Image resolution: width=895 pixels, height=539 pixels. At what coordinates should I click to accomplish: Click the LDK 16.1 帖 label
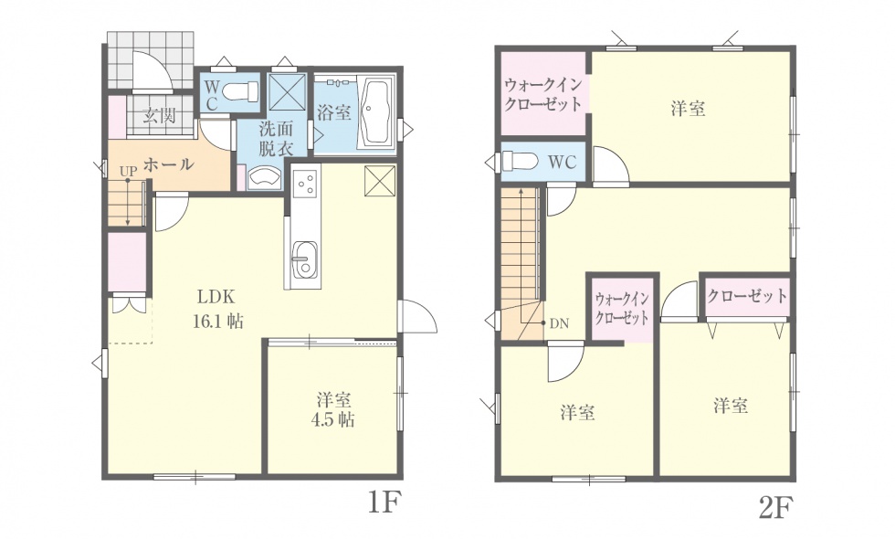point(218,309)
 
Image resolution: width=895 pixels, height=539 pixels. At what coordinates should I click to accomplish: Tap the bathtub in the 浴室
point(376,112)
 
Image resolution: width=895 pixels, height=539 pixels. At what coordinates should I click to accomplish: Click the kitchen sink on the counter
point(304,259)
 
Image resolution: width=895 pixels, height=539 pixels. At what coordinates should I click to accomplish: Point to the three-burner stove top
point(304,184)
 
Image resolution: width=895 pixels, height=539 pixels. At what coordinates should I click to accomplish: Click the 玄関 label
point(158,116)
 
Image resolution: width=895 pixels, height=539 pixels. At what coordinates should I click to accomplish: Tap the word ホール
point(168,164)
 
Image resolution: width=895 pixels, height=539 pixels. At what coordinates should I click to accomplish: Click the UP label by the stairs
point(129,171)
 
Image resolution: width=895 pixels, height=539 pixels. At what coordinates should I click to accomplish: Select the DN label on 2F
point(559,323)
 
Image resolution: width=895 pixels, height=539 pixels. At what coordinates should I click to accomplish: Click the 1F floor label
point(382,503)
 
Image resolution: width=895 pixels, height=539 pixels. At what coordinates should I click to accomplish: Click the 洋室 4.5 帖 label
point(333,409)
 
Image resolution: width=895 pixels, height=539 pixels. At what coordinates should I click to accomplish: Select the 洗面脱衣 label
point(276,138)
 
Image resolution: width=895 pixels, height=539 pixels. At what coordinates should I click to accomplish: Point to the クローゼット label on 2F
point(747,296)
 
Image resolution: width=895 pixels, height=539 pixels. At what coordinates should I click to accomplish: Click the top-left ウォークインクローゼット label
point(542,95)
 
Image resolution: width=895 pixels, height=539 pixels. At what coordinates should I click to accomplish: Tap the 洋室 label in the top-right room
point(688,108)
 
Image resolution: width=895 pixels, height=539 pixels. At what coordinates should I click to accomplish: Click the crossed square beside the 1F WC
point(288,91)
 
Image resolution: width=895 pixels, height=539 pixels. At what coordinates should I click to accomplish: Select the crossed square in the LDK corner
point(380,181)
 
